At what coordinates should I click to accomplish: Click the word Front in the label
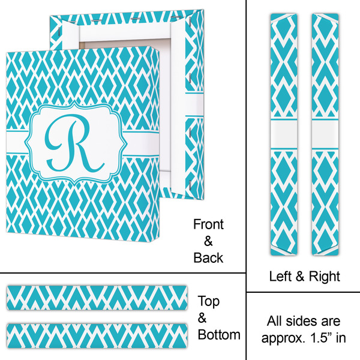pos(208,225)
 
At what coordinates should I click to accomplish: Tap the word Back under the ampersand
pos(208,258)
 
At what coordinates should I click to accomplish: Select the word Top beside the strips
pos(209,302)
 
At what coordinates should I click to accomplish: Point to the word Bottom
pos(219,334)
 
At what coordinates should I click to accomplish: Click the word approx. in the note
pos(284,337)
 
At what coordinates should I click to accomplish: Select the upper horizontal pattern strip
pos(99,298)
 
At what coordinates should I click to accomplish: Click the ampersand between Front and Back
pos(208,241)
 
